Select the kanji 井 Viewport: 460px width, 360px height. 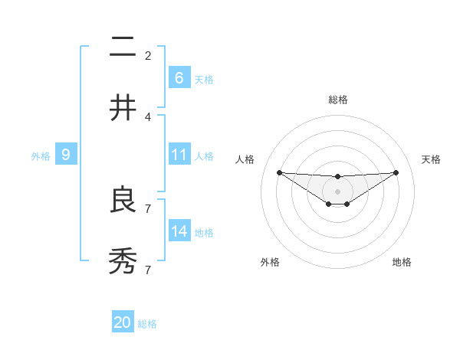point(123,108)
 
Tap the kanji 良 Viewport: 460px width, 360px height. point(123,201)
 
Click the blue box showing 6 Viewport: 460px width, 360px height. point(179,77)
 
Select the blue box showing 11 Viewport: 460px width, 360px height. point(179,155)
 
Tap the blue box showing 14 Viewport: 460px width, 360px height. point(179,231)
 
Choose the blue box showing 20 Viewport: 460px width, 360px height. point(123,322)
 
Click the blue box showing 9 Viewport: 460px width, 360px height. point(66,155)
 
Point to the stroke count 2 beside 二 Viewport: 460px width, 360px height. point(148,55)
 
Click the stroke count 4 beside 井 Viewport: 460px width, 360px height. point(148,116)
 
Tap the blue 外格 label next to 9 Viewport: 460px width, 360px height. point(41,155)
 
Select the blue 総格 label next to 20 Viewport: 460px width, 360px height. point(147,324)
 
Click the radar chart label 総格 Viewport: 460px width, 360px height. point(337,100)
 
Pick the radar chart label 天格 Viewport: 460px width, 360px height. point(432,159)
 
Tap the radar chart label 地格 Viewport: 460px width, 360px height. point(402,262)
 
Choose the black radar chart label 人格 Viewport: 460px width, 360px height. point(245,159)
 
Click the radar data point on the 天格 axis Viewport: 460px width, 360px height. point(396,172)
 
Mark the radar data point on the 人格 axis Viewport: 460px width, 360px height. point(279,172)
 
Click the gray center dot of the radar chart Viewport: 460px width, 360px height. point(337,191)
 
